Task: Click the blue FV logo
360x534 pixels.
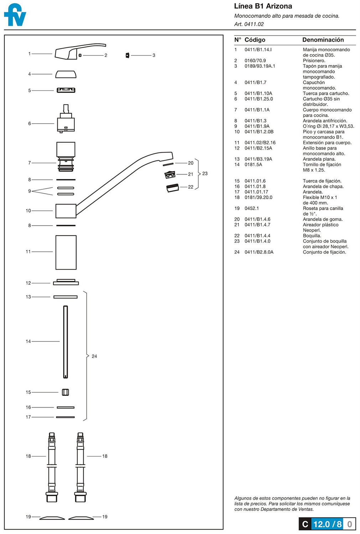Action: coord(15,15)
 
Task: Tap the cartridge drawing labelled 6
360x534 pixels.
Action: coord(66,119)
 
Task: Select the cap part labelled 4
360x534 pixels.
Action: coord(66,74)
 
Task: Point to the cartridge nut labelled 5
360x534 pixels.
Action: coord(66,90)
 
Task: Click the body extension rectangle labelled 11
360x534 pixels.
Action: coord(66,252)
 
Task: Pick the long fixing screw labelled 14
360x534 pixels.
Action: coord(66,342)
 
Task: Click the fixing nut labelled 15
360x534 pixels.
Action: coord(66,392)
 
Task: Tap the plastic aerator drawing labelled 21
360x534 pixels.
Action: coord(170,174)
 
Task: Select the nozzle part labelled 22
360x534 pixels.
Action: coord(173,188)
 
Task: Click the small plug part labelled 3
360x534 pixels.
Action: coord(127,55)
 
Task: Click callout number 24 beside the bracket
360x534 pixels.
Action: coord(94,356)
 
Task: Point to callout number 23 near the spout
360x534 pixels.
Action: coord(205,174)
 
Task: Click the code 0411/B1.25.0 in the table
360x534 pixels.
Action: coord(259,99)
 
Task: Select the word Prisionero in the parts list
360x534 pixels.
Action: coord(314,61)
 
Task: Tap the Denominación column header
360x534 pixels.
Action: coord(323,40)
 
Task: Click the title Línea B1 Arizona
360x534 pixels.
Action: coord(263,6)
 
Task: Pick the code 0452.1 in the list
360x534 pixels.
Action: coord(252,208)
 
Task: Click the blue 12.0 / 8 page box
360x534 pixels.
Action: coord(327,524)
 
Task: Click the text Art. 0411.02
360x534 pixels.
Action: coord(249,24)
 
